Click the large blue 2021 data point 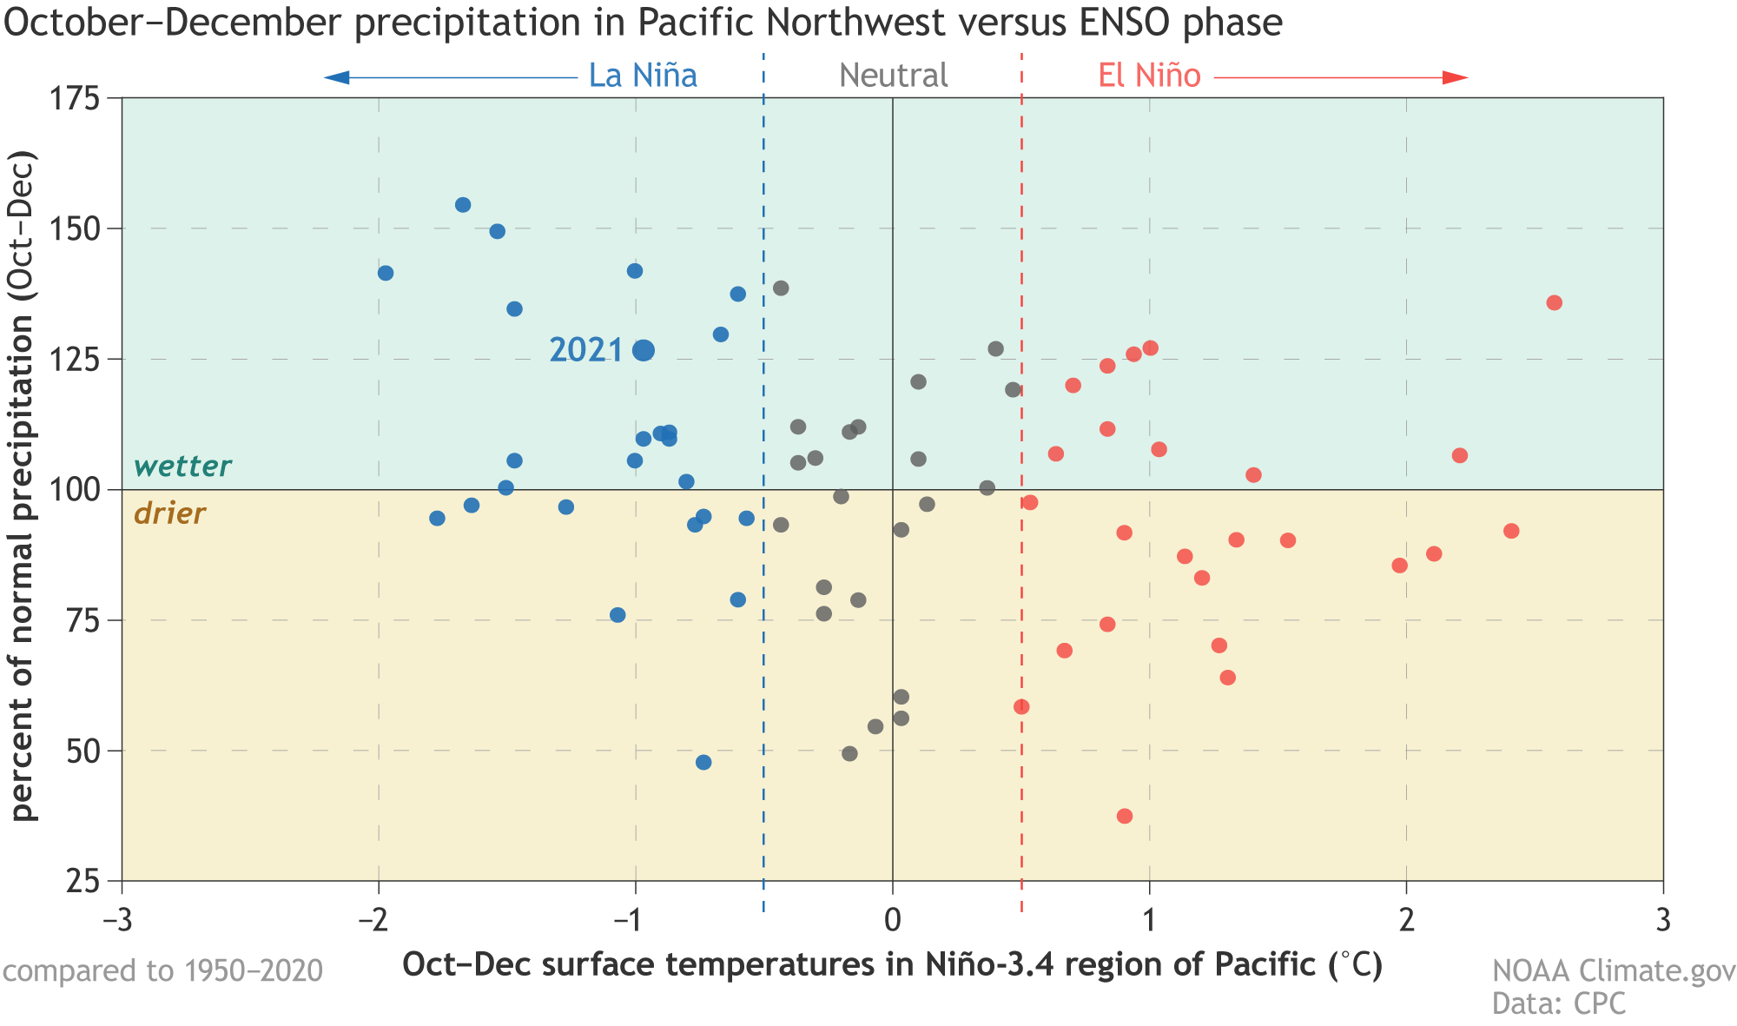tap(644, 350)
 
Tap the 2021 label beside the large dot tap(586, 350)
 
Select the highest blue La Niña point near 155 tap(463, 205)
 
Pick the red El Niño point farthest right tap(1554, 302)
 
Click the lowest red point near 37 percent tap(1124, 816)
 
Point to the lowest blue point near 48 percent tap(703, 762)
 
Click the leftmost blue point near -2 tap(386, 273)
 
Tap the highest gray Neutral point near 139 tap(781, 288)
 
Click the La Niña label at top tap(643, 76)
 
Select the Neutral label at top tap(893, 76)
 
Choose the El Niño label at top tap(1149, 76)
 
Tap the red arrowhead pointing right tap(1455, 78)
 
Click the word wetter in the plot tap(182, 467)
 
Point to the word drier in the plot tap(169, 514)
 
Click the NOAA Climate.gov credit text tap(1614, 971)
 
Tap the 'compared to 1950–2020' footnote tap(162, 970)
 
